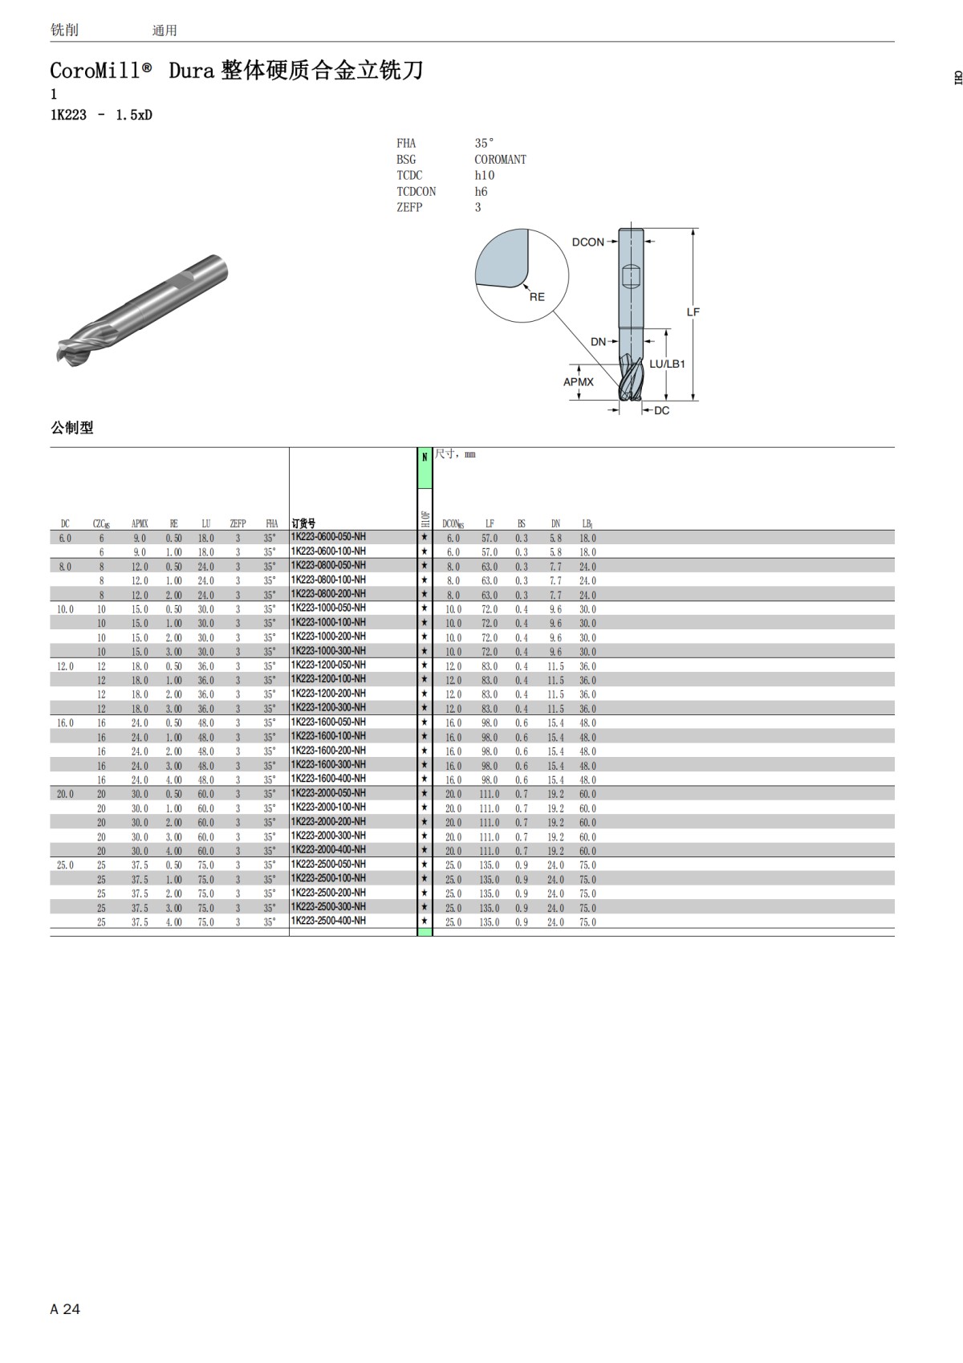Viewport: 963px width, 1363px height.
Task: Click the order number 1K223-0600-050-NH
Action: click(327, 537)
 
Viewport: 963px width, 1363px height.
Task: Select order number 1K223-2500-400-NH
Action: click(327, 922)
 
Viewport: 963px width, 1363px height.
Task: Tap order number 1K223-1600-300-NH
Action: click(327, 765)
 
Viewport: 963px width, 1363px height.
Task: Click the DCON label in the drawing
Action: click(587, 242)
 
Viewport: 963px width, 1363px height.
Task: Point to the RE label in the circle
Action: click(537, 297)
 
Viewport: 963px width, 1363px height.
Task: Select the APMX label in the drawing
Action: click(578, 382)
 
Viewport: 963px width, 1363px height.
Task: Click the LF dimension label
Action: click(693, 311)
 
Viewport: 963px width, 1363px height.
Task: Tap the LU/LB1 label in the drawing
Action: click(667, 364)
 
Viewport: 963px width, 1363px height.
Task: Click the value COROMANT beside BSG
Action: click(500, 160)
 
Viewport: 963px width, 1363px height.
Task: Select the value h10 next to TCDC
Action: click(485, 175)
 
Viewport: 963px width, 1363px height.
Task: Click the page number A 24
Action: click(65, 1309)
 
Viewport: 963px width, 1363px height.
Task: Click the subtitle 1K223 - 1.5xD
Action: click(101, 115)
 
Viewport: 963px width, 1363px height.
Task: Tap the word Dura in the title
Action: click(191, 71)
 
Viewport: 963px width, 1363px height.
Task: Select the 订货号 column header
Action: click(303, 523)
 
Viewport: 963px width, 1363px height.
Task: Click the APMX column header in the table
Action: click(140, 523)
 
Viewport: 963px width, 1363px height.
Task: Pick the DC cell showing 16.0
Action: click(65, 722)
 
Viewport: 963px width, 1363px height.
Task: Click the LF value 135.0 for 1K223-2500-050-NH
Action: click(490, 865)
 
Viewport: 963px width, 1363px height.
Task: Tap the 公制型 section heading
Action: click(72, 428)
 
